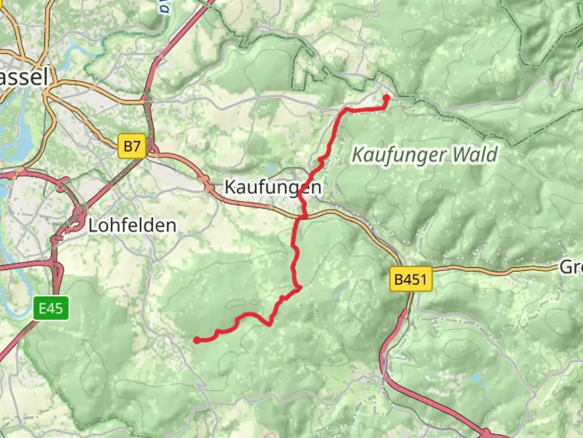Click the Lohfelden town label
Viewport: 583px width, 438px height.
[x=132, y=225]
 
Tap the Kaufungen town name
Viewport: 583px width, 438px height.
[x=273, y=187]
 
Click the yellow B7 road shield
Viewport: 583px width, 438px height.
[x=132, y=146]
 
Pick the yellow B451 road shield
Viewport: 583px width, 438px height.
[x=411, y=279]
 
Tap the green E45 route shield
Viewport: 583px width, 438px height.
[x=51, y=308]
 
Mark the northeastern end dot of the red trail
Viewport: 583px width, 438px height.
[x=386, y=98]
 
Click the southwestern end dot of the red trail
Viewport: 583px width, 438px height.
[x=197, y=340]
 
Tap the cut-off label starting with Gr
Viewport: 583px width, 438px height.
[x=571, y=267]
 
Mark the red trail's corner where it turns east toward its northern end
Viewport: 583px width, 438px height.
[x=346, y=109]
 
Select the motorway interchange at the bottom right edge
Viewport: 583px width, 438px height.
[x=486, y=432]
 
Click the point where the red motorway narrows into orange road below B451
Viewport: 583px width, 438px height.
[x=406, y=312]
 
